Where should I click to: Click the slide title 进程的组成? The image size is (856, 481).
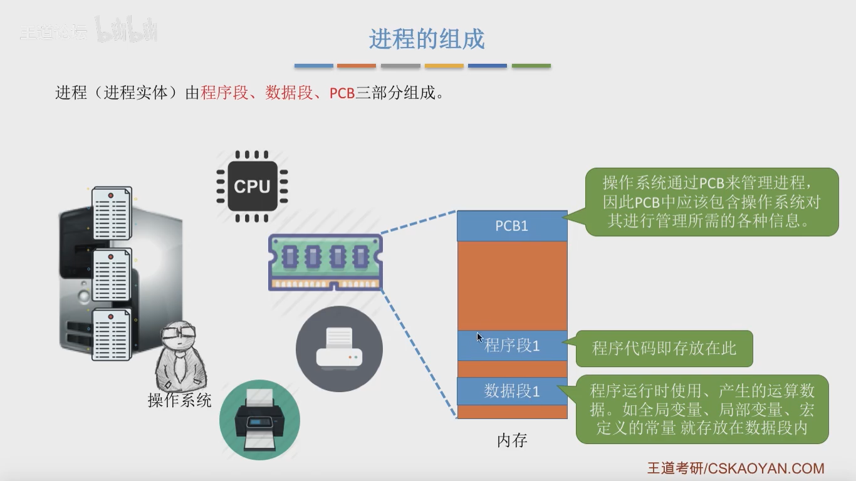(x=427, y=39)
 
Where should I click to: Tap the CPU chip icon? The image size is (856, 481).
(x=252, y=187)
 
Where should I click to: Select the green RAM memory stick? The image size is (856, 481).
(x=326, y=262)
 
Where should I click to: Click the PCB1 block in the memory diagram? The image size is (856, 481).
(x=512, y=226)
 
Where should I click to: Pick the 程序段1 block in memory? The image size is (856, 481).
(x=512, y=346)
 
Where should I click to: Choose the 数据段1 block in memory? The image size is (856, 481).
(x=512, y=391)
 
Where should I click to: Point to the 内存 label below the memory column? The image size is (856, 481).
(x=512, y=440)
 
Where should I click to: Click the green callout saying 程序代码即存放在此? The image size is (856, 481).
(x=664, y=348)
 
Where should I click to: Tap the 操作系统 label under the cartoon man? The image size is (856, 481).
(x=180, y=400)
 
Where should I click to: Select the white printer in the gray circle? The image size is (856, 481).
(x=339, y=348)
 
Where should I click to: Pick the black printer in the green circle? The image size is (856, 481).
(x=259, y=420)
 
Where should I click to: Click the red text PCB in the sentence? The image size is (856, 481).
(x=342, y=93)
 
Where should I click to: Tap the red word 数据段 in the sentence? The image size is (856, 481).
(x=289, y=93)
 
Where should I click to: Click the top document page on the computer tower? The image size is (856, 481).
(x=112, y=213)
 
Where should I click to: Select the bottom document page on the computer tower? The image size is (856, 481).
(x=112, y=334)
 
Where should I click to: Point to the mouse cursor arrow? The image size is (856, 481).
(x=479, y=338)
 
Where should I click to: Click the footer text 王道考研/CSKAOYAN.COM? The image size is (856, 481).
(x=736, y=468)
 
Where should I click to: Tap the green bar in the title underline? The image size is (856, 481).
(x=531, y=66)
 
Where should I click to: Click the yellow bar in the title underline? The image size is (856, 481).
(x=444, y=66)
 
